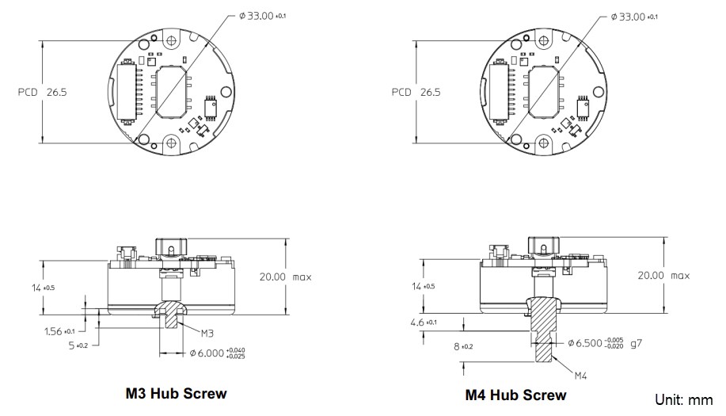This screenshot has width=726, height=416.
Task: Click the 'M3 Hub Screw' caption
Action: pyautogui.click(x=176, y=393)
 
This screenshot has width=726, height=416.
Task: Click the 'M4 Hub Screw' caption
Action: pyautogui.click(x=516, y=395)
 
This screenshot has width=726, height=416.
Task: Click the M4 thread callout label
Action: pyautogui.click(x=581, y=374)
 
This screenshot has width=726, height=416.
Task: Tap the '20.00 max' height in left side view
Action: pyautogui.click(x=285, y=277)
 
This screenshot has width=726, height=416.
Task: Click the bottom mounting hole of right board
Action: pyautogui.click(x=546, y=143)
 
